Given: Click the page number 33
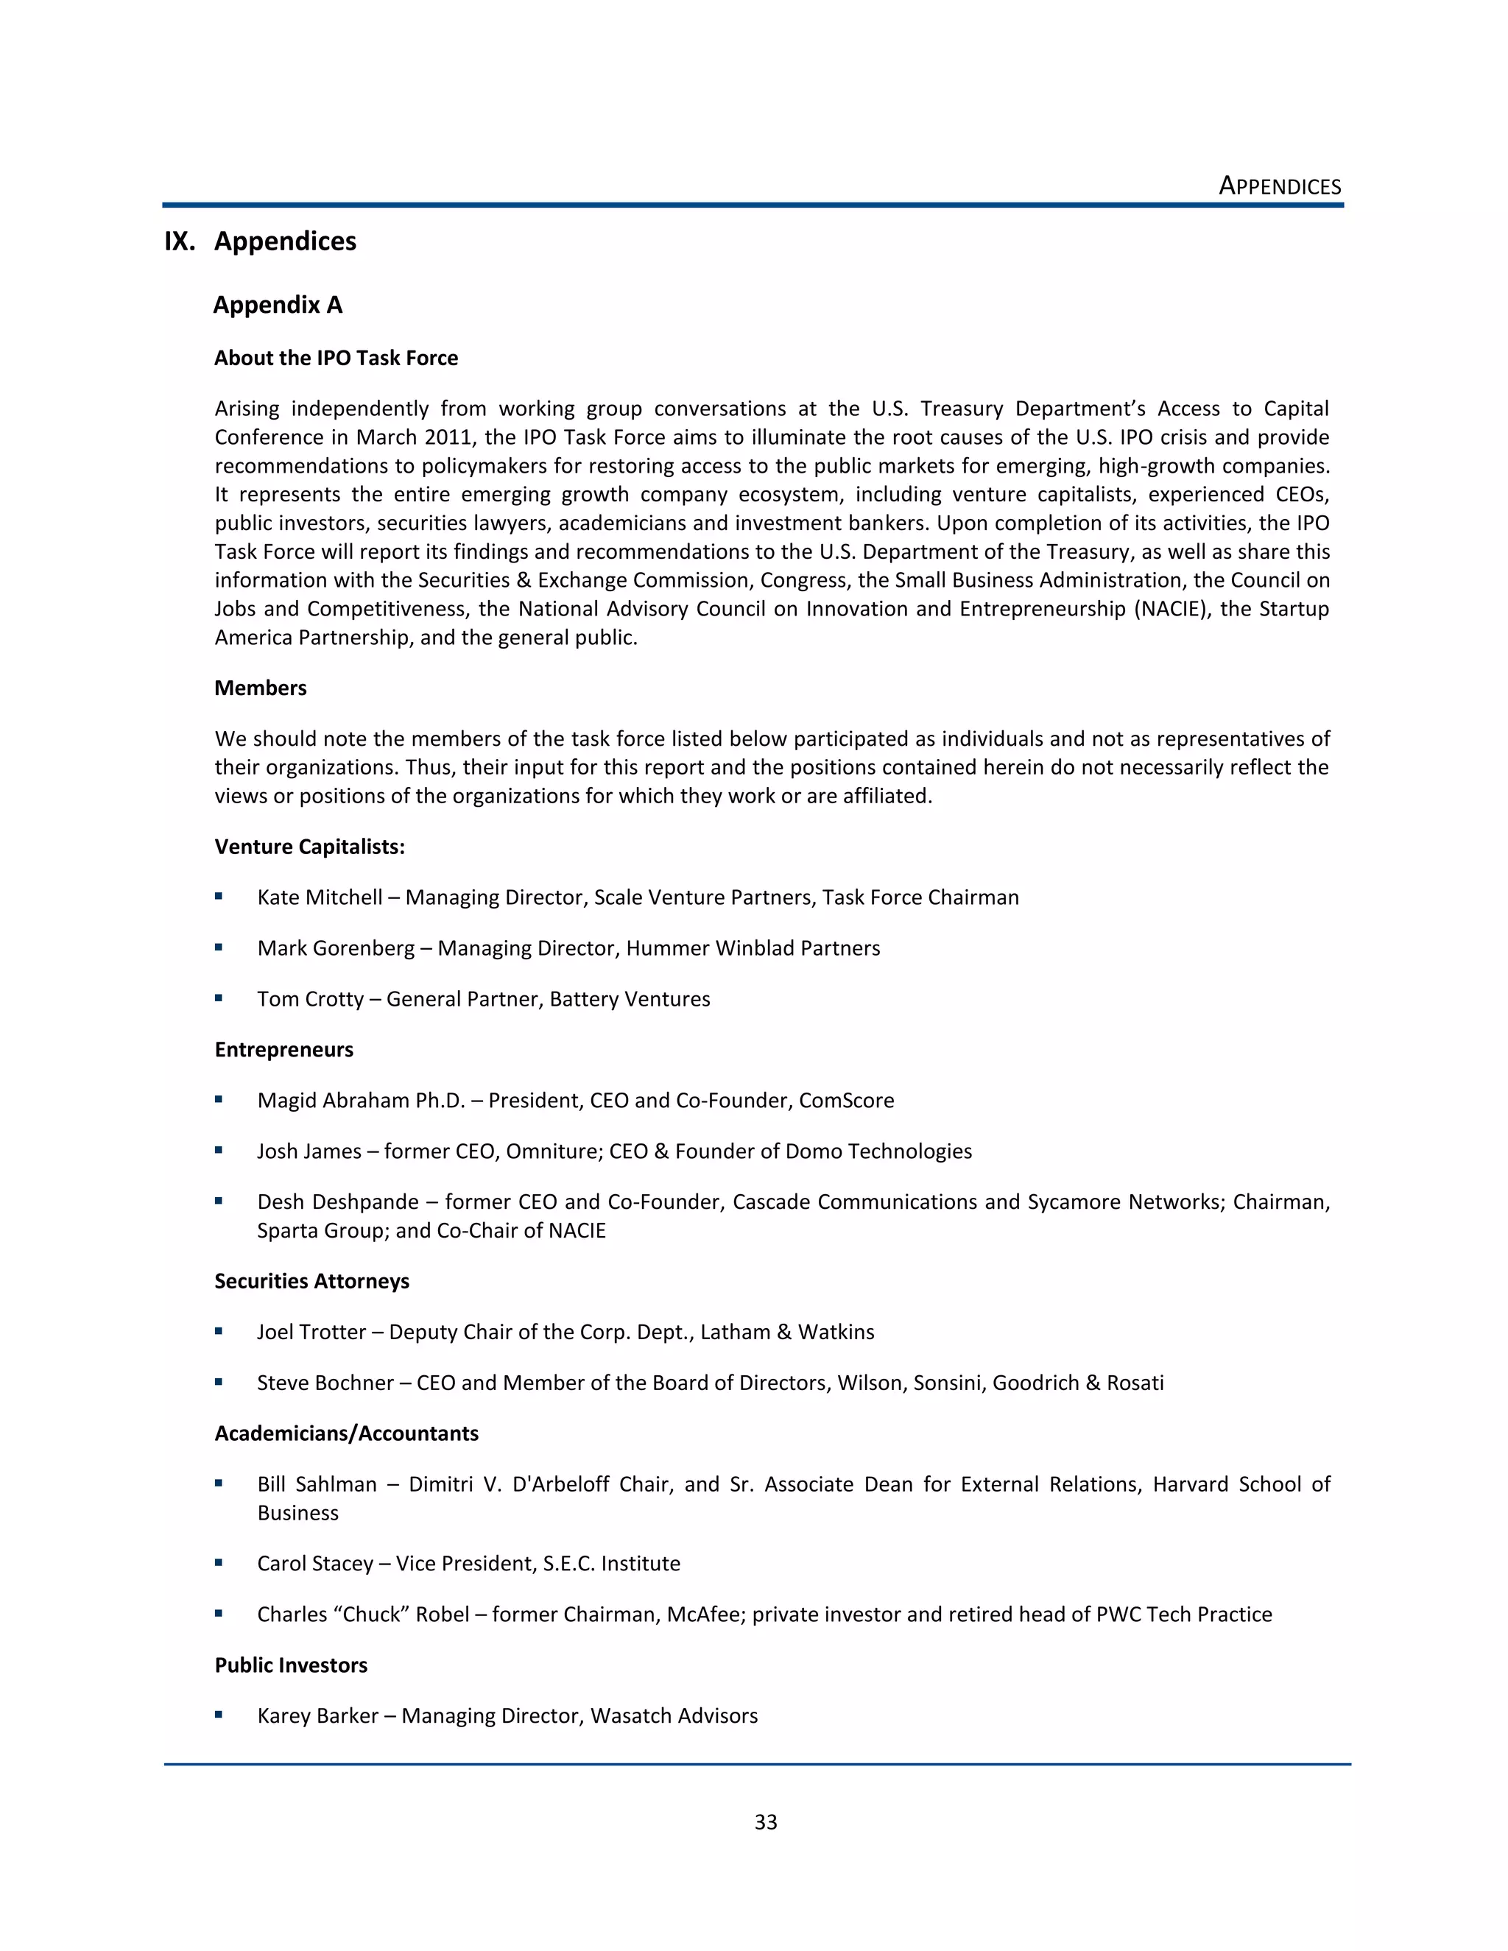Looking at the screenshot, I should (766, 1821).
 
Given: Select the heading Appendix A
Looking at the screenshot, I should (278, 306).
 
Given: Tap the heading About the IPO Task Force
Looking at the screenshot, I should (336, 359).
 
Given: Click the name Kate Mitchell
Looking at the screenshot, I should (319, 897).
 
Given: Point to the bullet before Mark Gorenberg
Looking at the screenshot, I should (219, 947).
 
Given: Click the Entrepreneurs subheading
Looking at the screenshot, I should (284, 1050).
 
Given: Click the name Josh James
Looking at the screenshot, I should (309, 1151).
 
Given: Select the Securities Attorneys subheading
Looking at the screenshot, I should (311, 1281).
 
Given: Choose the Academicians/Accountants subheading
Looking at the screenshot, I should (347, 1433).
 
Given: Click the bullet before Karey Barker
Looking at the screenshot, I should (219, 1715).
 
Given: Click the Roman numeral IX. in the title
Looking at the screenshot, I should (180, 242).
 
